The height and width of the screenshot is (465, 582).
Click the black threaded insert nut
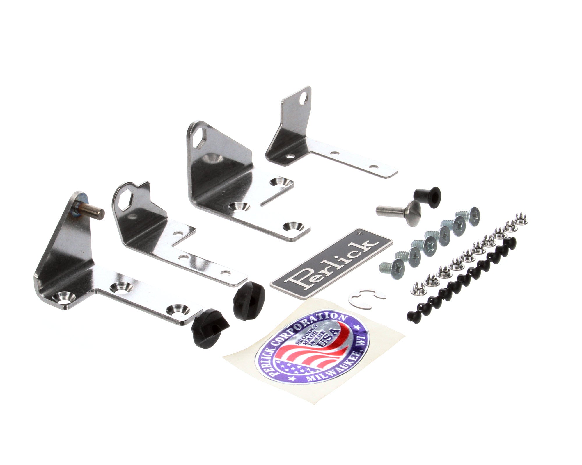[x=427, y=194]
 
